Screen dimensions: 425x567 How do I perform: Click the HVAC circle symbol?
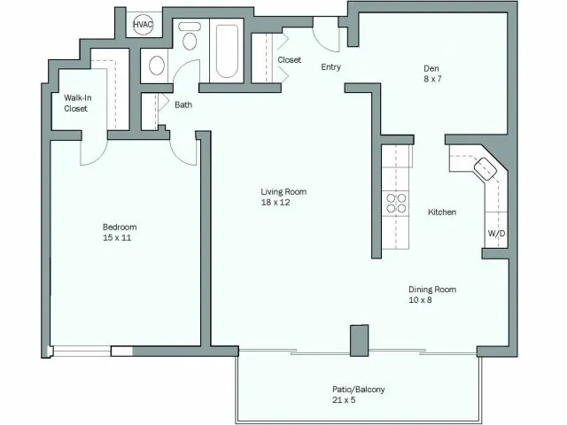pos(143,26)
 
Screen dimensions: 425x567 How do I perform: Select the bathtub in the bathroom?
pos(228,50)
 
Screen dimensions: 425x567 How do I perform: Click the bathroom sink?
pos(157,65)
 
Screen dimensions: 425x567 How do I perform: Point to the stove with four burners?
pos(395,203)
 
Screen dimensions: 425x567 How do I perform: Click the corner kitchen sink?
pos(486,168)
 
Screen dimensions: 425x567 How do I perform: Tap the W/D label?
pos(496,234)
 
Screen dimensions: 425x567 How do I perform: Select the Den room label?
pos(431,68)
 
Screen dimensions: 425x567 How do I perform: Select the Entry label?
pos(330,66)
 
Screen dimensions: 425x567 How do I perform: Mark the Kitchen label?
pos(442,212)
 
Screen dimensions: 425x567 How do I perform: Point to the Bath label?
pos(183,104)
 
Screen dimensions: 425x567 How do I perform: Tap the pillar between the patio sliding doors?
pos(359,341)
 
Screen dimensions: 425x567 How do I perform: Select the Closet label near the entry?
pos(289,60)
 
